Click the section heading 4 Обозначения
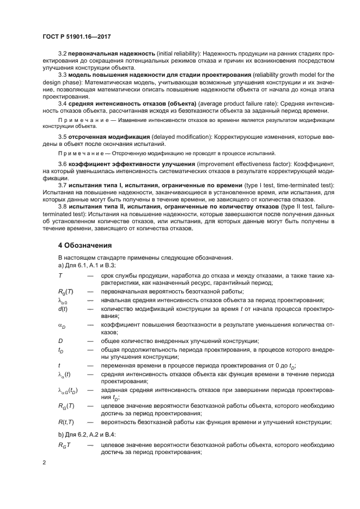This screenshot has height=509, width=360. pos(86,244)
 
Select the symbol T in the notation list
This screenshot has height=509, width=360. pos(60,277)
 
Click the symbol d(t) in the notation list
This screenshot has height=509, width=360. pos(63,309)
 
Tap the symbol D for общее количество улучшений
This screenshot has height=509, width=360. pos(60,341)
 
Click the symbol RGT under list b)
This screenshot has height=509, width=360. pos(65,445)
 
